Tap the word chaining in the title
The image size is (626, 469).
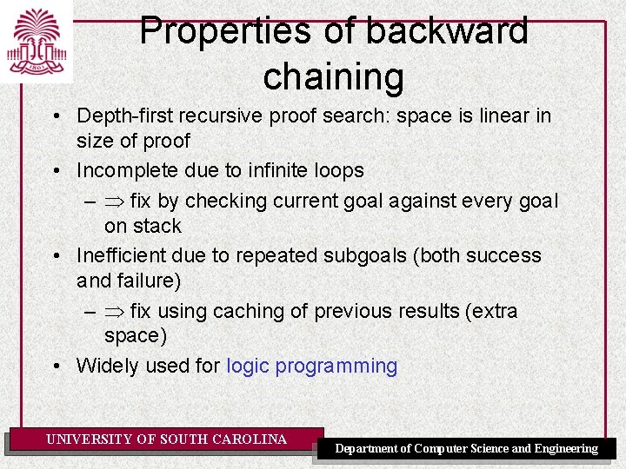click(333, 76)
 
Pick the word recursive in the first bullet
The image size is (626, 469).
click(227, 116)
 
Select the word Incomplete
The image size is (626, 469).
click(133, 170)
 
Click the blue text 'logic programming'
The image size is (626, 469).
click(311, 367)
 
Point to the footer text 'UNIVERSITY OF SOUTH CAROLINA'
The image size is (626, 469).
click(166, 439)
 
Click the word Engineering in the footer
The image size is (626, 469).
click(566, 449)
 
